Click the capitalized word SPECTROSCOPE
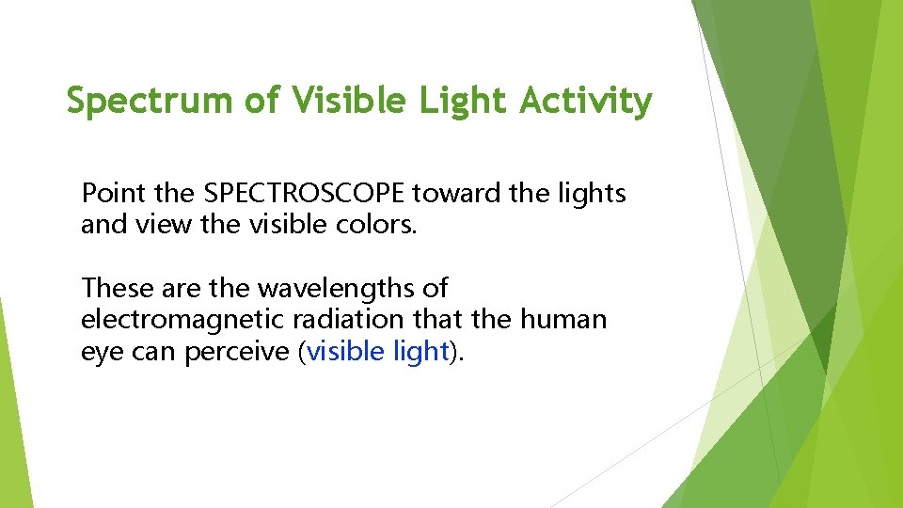[x=304, y=194]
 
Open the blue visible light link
[x=377, y=352]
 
